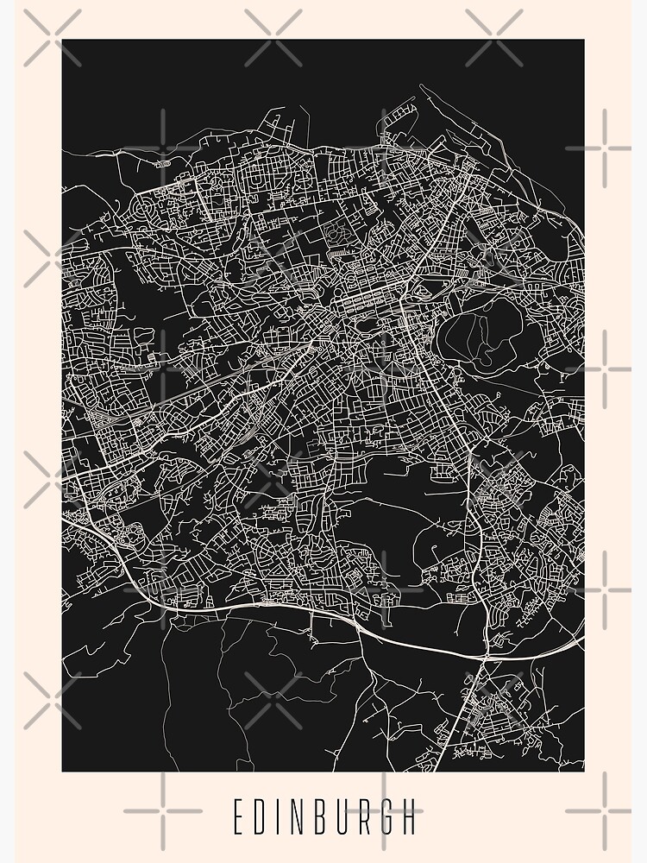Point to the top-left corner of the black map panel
click(62, 40)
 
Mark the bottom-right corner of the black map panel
click(584, 771)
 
